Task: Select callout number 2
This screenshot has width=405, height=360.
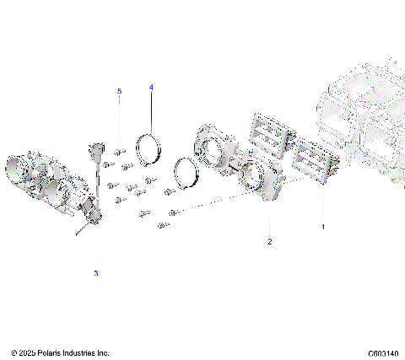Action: point(269,242)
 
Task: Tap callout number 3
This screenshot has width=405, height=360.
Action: point(95,273)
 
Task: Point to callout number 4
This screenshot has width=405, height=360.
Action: point(151,87)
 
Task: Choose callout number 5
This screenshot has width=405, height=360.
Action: point(119,90)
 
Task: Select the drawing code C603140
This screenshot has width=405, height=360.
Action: point(383,352)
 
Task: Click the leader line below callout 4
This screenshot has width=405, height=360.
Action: point(151,110)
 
